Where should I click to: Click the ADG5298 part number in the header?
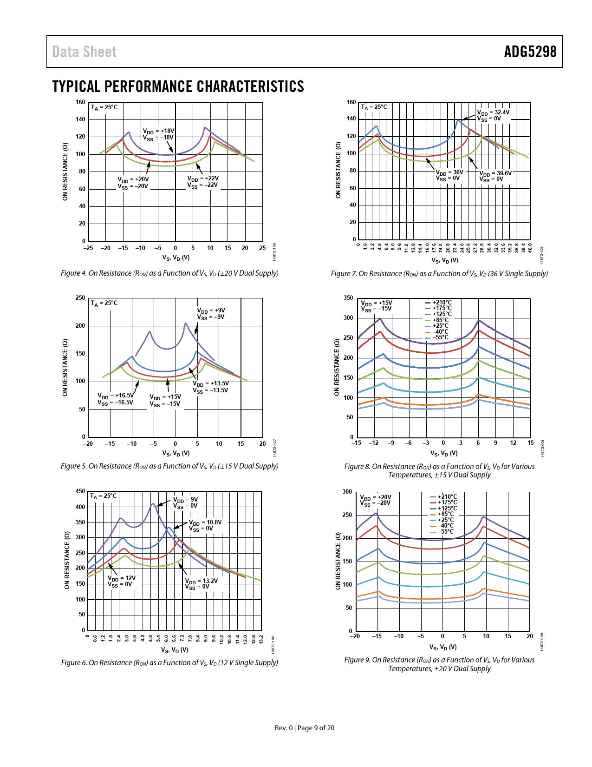[530, 52]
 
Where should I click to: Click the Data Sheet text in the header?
[84, 52]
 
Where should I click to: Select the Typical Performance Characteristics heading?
[178, 86]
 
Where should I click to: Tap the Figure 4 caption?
[169, 273]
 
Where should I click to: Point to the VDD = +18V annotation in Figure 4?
[158, 134]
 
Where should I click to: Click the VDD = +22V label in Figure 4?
[203, 182]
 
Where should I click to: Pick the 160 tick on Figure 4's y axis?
[81, 102]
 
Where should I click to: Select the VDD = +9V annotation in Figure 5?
[211, 314]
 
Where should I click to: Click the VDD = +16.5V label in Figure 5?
[116, 399]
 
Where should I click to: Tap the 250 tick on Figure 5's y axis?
[80, 298]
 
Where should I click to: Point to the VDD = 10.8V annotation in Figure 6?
[205, 525]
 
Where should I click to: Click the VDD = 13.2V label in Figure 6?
[202, 584]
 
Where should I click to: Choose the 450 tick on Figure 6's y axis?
[80, 491]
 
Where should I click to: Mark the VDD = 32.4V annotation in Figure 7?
[493, 115]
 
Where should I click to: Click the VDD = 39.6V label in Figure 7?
[495, 176]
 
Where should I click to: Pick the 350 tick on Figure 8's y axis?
[348, 298]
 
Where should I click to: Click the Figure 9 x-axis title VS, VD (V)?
[443, 647]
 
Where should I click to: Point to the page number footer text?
[305, 728]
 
